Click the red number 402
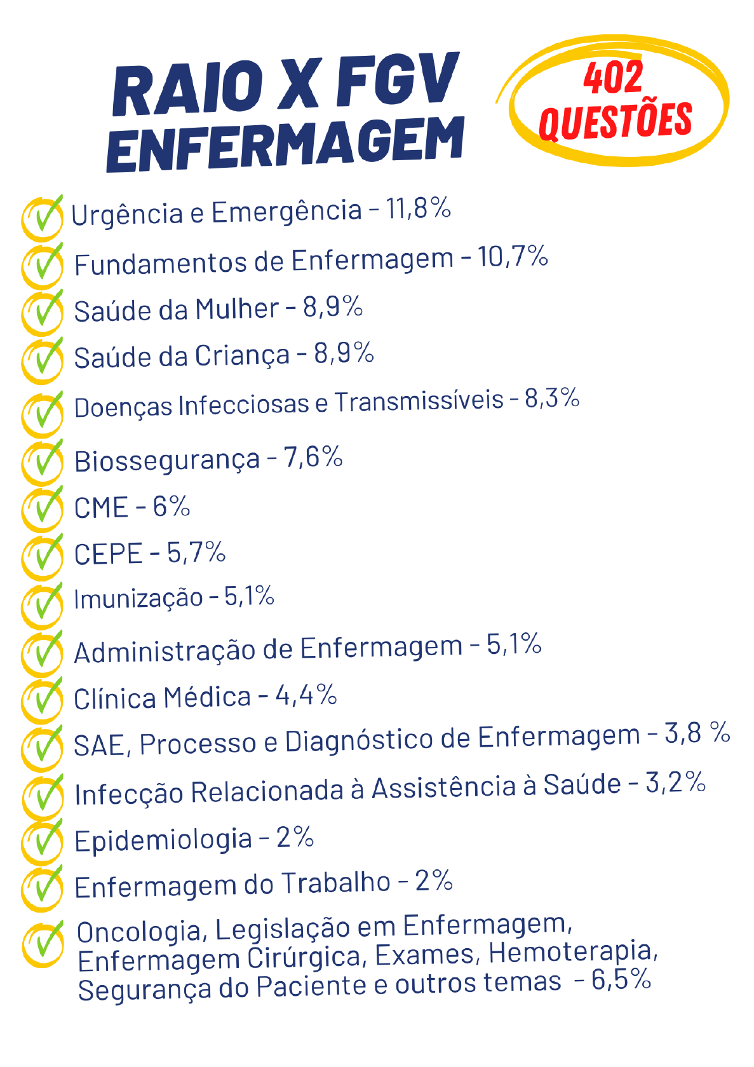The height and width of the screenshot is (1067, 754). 613,78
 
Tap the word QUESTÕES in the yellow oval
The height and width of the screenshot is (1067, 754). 615,121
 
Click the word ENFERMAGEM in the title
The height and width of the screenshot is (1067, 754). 286,144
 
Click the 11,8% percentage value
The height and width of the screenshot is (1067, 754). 419,208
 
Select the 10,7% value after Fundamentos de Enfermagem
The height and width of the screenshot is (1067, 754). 513,257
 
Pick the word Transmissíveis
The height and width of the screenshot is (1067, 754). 419,402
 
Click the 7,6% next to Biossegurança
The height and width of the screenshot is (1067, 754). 313,458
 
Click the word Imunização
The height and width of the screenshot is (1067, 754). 138,599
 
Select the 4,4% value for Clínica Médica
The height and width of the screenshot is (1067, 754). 306,695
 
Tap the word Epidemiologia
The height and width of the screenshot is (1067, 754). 163,840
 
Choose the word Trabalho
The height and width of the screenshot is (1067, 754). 336,883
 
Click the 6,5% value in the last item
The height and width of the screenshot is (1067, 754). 621,980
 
